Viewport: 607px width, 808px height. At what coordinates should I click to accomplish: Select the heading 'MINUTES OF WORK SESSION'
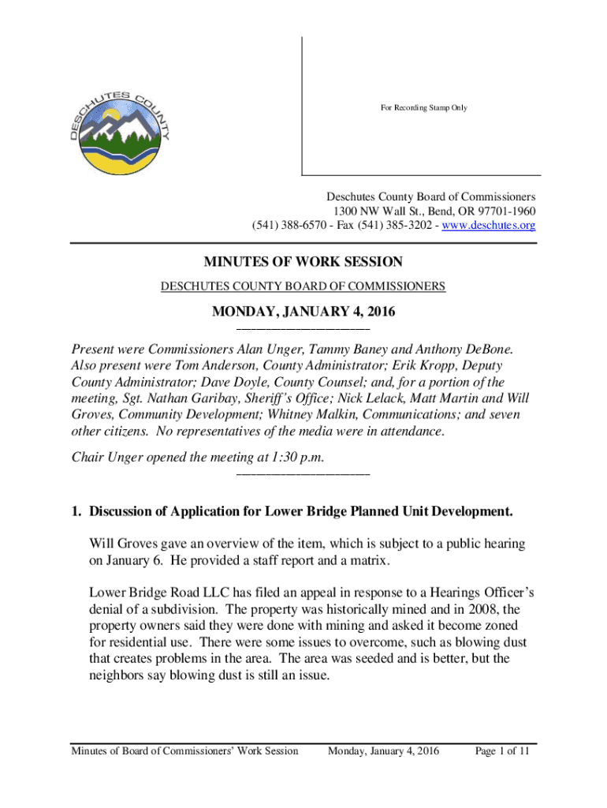pos(303,262)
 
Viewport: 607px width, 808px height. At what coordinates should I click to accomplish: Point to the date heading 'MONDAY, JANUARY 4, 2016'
pos(303,313)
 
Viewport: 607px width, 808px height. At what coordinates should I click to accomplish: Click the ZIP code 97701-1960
pos(500,211)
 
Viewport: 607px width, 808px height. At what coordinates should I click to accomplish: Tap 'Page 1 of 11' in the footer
pos(501,750)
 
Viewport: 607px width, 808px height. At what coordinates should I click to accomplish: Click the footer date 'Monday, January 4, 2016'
pos(383,750)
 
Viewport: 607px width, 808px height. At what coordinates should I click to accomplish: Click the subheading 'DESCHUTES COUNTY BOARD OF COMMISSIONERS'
pos(303,286)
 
